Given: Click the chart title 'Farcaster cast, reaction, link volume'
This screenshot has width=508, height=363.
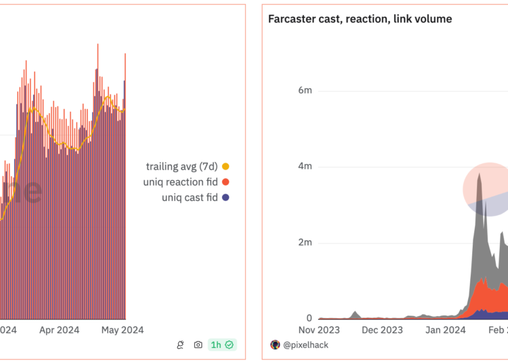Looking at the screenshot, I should point(360,19).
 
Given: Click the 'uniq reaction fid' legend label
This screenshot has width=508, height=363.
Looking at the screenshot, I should point(182,181).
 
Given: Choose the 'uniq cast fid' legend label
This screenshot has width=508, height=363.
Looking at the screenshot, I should point(190,197).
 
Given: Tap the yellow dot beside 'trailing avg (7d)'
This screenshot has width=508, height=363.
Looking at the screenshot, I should point(226,167).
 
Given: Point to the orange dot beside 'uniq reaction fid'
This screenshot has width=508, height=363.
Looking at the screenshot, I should point(226,182).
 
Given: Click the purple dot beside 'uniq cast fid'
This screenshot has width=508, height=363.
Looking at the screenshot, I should point(226,198).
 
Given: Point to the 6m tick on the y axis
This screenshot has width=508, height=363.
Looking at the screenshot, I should point(305,91).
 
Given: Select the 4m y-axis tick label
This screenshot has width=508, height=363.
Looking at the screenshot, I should point(305,167).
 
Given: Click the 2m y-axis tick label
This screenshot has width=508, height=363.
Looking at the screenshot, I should point(305,242).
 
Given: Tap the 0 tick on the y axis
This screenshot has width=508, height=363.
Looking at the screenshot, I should point(308,318).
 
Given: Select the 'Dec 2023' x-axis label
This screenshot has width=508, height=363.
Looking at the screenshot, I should point(382,330).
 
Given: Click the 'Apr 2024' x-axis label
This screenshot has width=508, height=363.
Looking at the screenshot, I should point(59,330).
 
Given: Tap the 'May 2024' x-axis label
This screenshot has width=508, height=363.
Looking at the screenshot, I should point(123,330).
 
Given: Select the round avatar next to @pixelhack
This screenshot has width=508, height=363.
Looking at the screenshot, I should point(275,345).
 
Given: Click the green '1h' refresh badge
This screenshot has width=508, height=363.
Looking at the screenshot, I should point(221,345).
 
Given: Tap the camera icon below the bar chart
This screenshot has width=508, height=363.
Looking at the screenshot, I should point(198,345).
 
